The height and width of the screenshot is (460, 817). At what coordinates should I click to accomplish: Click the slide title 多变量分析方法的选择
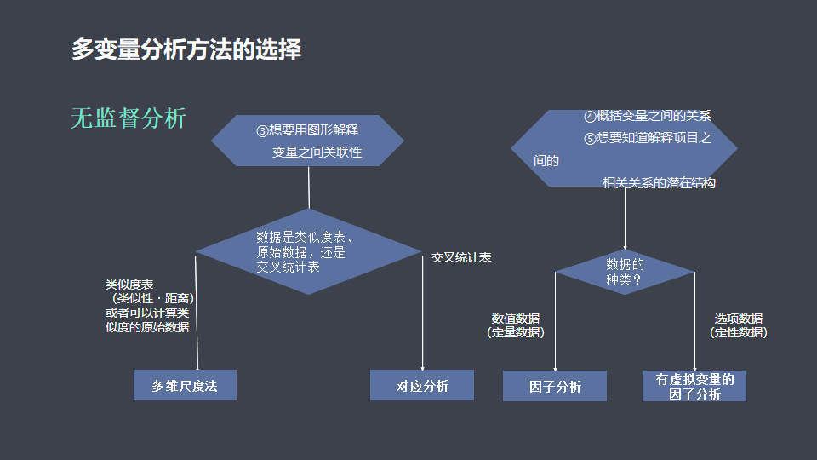(x=186, y=49)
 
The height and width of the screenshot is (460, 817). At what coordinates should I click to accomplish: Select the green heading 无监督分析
(x=129, y=118)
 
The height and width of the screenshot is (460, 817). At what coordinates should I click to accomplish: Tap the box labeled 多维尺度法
(x=185, y=385)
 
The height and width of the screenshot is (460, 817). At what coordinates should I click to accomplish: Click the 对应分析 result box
(x=422, y=385)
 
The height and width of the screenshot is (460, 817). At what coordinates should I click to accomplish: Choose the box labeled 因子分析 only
(x=554, y=386)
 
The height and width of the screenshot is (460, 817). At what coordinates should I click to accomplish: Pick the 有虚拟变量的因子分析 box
(x=694, y=386)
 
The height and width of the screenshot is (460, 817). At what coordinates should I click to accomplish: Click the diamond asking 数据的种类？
(x=625, y=272)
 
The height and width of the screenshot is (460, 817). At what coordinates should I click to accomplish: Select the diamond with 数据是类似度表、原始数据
(x=308, y=251)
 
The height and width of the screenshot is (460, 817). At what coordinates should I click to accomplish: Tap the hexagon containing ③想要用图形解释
(x=307, y=141)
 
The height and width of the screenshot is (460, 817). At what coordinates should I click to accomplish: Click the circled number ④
(x=589, y=117)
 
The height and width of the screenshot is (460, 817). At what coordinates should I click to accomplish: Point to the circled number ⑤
(x=589, y=139)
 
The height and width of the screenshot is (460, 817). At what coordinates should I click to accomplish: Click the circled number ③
(x=262, y=131)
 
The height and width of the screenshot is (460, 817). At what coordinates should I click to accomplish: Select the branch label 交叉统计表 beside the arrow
(x=461, y=257)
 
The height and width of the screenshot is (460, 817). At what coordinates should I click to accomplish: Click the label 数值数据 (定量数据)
(x=516, y=325)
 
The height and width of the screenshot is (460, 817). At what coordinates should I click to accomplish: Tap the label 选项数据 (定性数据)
(x=739, y=325)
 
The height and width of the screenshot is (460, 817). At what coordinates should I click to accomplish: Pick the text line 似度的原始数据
(x=147, y=327)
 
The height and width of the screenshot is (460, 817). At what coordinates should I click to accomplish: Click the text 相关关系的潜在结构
(x=659, y=182)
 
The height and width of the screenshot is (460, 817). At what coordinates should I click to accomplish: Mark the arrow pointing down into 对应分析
(x=423, y=313)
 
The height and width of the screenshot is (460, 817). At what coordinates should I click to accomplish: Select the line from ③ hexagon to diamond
(x=309, y=187)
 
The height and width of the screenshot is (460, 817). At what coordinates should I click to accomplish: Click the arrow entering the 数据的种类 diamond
(x=625, y=218)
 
